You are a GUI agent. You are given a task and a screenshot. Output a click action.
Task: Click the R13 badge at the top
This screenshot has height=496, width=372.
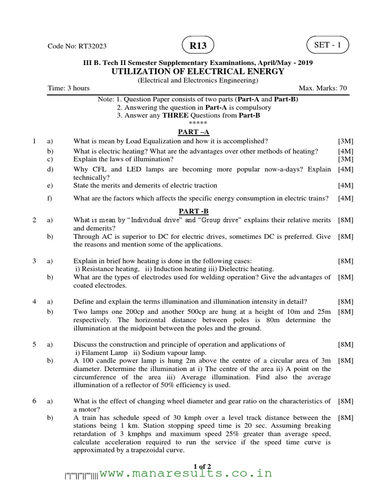[x=198, y=46]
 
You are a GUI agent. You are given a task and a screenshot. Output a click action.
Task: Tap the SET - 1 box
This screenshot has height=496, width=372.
[x=327, y=45]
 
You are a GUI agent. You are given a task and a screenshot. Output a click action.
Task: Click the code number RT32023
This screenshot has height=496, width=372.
[x=77, y=46]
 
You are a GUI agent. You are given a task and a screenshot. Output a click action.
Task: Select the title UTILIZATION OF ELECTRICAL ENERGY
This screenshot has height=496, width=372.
[x=198, y=72]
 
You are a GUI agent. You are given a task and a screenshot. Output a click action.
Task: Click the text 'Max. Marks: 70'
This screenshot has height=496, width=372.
[x=323, y=88]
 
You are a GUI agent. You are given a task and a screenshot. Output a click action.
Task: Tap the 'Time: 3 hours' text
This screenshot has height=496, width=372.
[x=68, y=88]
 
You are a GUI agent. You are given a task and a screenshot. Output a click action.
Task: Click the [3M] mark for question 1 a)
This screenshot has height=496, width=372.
[x=345, y=141]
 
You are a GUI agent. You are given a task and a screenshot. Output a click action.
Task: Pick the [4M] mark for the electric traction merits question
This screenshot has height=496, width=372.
[x=345, y=185]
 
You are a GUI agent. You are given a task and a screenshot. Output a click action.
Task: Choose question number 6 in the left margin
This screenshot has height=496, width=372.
[x=34, y=401]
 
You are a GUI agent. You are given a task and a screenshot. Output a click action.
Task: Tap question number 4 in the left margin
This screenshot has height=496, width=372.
[x=34, y=302]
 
